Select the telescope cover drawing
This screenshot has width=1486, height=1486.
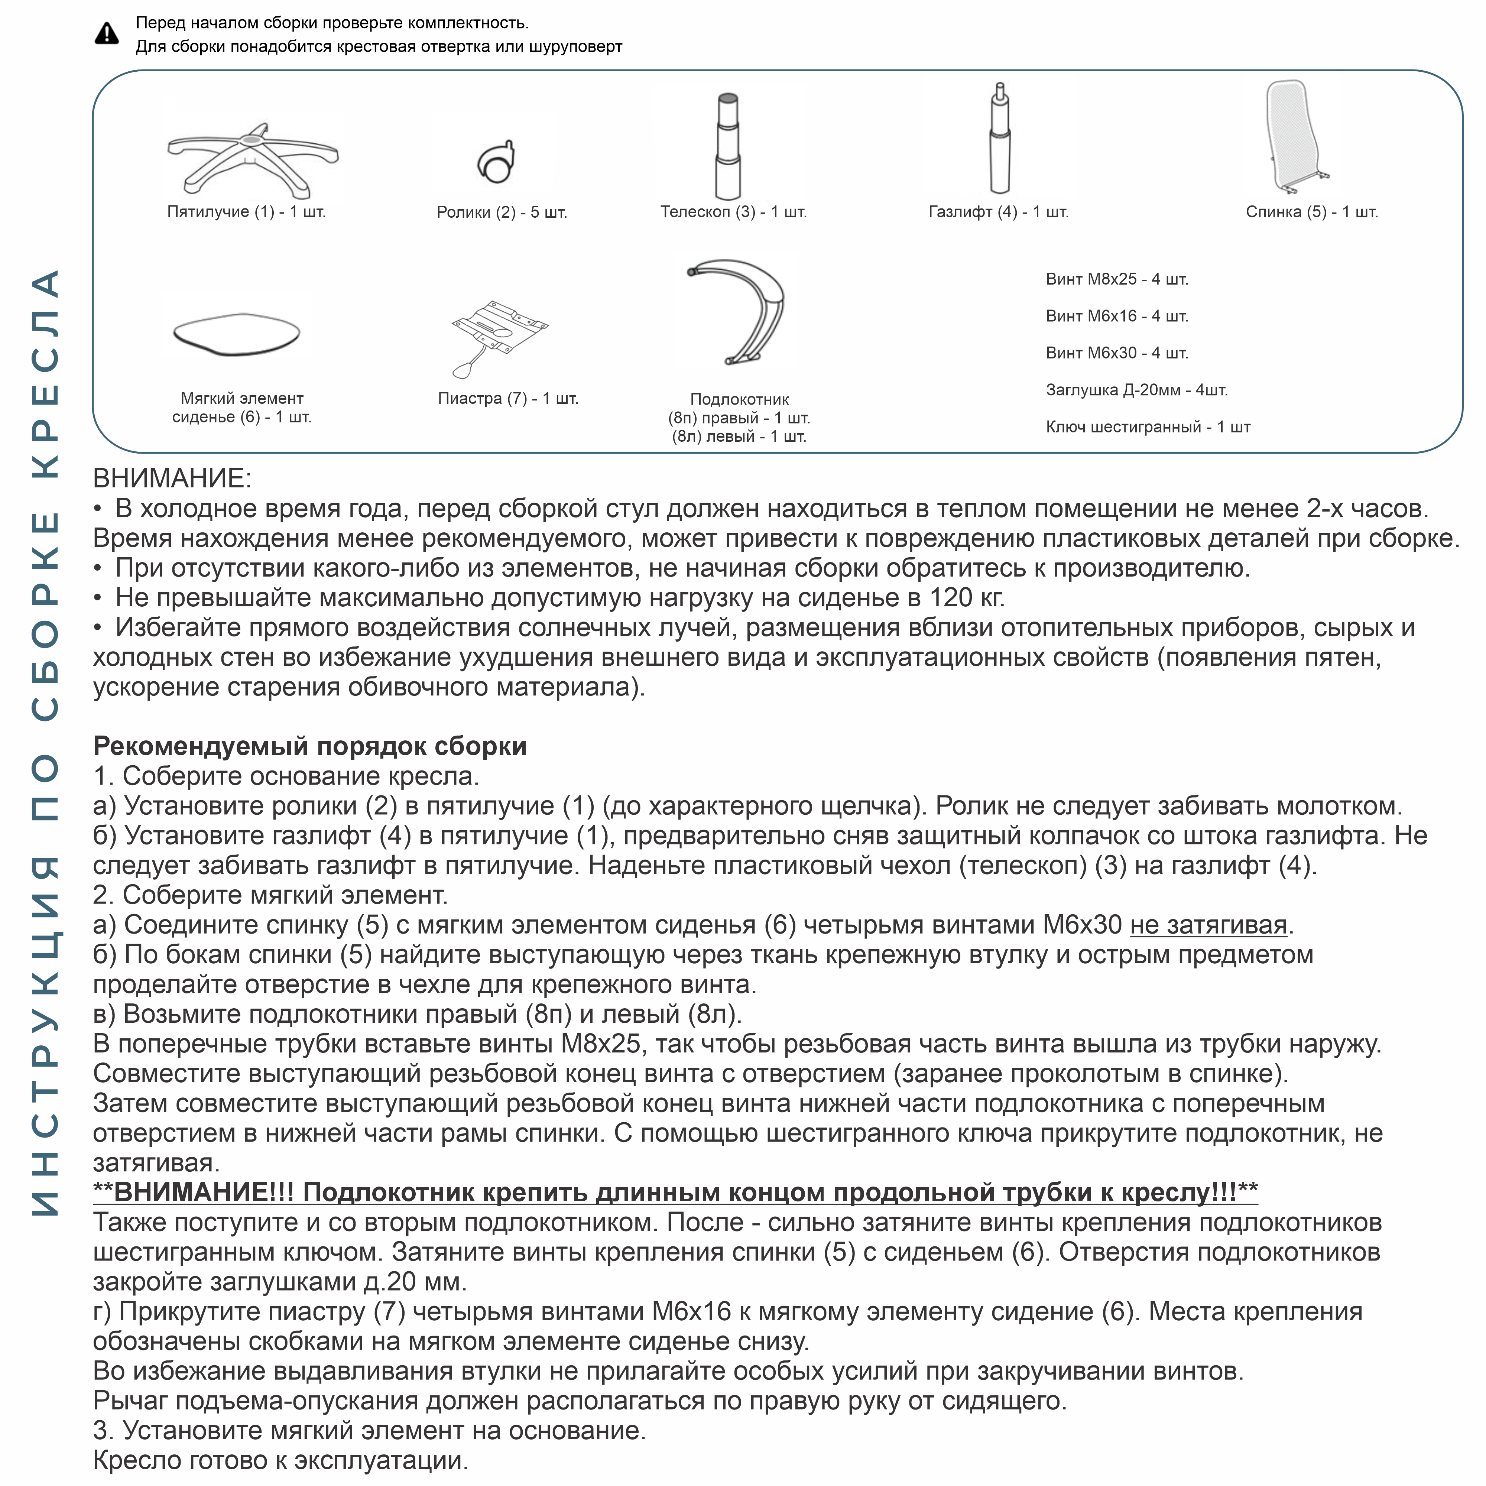click(x=728, y=146)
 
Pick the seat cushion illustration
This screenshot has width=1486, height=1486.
click(x=236, y=334)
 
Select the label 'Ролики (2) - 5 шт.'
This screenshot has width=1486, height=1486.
click(x=502, y=212)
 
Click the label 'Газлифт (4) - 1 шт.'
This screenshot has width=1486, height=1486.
click(x=998, y=211)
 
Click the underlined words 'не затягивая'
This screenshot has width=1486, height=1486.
click(x=1208, y=925)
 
